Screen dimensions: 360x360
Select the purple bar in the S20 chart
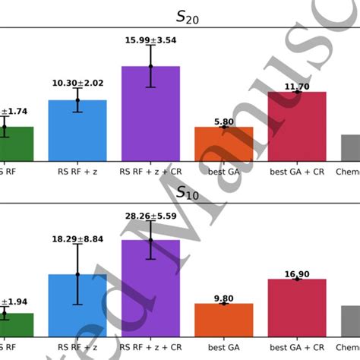pos(150,114)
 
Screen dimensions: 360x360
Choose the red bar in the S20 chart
pos(297,127)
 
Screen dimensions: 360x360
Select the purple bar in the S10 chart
pos(150,289)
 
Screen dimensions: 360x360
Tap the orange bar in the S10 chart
pos(223,320)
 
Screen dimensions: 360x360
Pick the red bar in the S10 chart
pos(297,308)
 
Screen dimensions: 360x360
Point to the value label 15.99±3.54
pos(150,39)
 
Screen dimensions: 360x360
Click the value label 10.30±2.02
pos(77,82)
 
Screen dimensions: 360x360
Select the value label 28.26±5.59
pos(150,216)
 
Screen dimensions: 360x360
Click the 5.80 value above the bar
pos(223,122)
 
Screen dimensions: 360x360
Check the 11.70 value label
pos(297,87)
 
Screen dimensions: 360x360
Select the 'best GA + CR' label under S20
pos(297,171)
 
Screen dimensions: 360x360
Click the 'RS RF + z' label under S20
pos(77,171)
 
